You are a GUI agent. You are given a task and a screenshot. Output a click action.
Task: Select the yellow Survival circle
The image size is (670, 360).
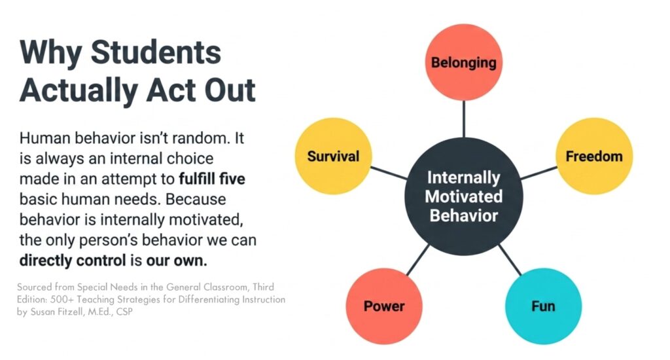[334, 156]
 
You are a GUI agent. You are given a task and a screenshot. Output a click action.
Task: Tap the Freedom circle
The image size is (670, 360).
[594, 156]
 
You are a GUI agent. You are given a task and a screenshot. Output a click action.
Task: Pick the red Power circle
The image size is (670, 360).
[384, 306]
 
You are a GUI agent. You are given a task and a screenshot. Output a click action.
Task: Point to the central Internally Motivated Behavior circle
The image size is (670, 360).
[464, 196]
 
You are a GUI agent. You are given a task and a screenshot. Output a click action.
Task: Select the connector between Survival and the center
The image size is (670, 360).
[387, 172]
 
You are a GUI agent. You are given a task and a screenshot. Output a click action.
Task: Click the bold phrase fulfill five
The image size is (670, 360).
[213, 178]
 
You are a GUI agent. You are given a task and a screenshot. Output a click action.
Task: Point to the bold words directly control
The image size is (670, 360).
[71, 260]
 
